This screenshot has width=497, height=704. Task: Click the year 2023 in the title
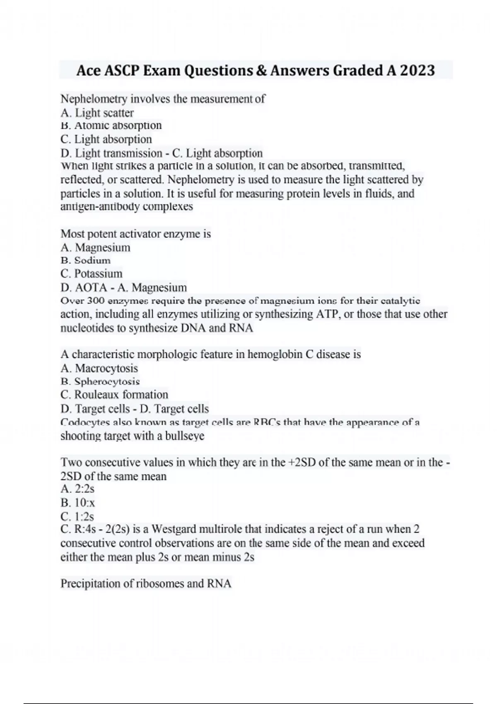tap(417, 71)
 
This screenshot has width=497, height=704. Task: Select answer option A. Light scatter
tap(97, 113)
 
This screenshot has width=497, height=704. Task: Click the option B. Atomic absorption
tap(111, 125)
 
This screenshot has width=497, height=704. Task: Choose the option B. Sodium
tap(86, 260)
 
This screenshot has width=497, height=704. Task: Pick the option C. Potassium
tap(92, 274)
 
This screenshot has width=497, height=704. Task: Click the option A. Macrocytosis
tap(99, 368)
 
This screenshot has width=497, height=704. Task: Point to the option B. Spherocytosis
tap(100, 381)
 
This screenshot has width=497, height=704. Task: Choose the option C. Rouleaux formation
tap(114, 394)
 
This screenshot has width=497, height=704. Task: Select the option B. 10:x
tap(78, 503)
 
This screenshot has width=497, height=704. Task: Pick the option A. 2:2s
tap(77, 489)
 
